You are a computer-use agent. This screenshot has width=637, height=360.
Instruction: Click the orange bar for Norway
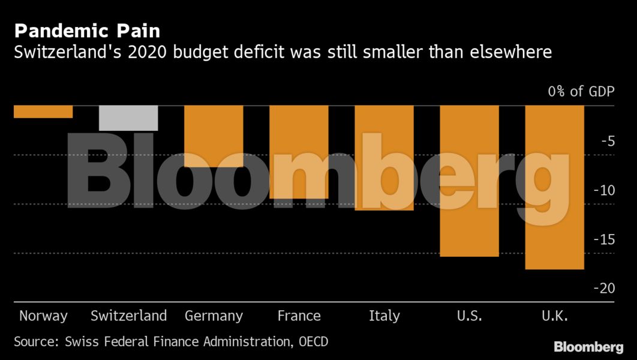[x=43, y=112]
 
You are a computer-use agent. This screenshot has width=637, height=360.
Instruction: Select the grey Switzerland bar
[x=128, y=118]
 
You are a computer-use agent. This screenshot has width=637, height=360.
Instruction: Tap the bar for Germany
[x=214, y=136]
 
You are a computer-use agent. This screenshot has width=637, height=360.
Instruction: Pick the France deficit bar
[x=299, y=152]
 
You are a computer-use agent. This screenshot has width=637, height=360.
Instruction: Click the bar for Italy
[x=384, y=158]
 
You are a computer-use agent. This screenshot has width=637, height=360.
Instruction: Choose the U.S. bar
[x=469, y=181]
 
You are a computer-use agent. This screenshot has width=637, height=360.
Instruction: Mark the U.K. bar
[x=554, y=187]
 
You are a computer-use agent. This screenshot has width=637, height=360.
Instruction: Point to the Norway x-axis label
[x=43, y=316]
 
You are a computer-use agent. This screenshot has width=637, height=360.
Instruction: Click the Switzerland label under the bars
[x=128, y=316]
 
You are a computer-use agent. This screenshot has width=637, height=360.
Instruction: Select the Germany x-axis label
[x=214, y=316]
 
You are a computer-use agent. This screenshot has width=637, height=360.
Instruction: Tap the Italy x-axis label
[x=384, y=316]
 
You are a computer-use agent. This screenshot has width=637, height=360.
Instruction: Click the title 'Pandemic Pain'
[x=87, y=31]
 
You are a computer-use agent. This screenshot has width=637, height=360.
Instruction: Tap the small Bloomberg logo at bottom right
[x=588, y=347]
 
